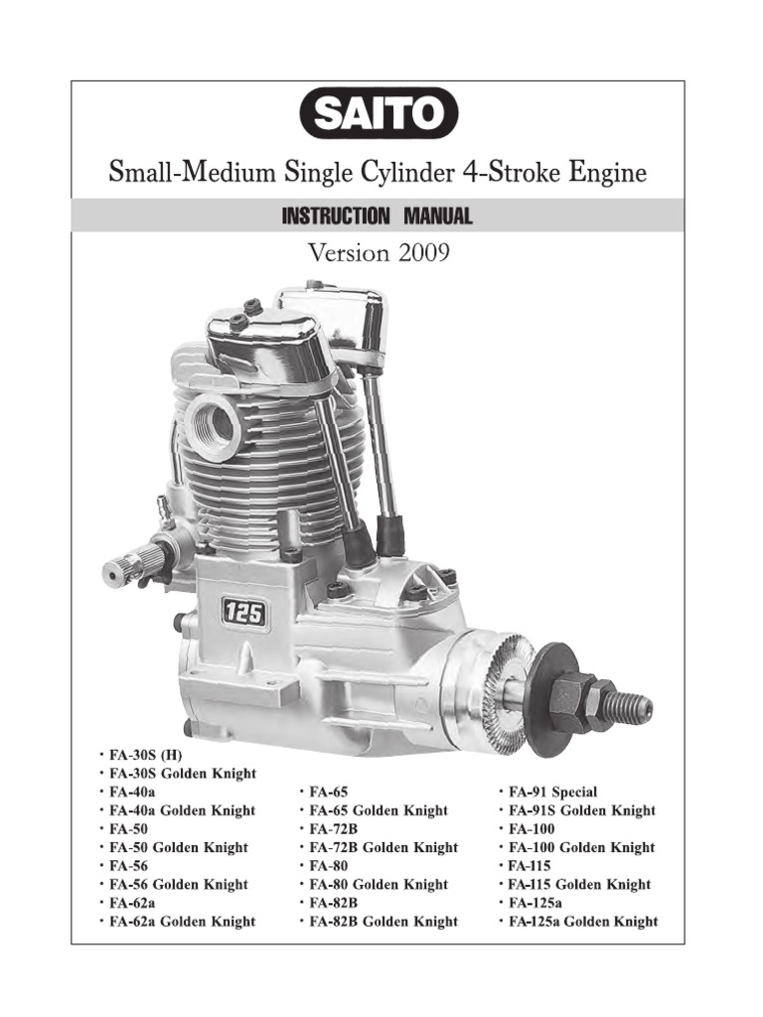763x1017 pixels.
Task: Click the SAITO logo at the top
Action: click(381, 114)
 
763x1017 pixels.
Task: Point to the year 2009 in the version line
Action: click(424, 253)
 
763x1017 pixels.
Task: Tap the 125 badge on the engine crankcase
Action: click(243, 613)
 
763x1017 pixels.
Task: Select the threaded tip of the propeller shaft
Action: click(631, 706)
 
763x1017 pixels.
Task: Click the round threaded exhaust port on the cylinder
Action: click(213, 425)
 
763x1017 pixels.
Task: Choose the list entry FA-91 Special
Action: click(552, 793)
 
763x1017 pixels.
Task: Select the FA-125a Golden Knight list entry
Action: click(582, 922)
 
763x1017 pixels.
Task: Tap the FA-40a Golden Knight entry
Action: click(182, 810)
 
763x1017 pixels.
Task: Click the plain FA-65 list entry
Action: click(329, 793)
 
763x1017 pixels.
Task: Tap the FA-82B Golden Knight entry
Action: click(383, 922)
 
